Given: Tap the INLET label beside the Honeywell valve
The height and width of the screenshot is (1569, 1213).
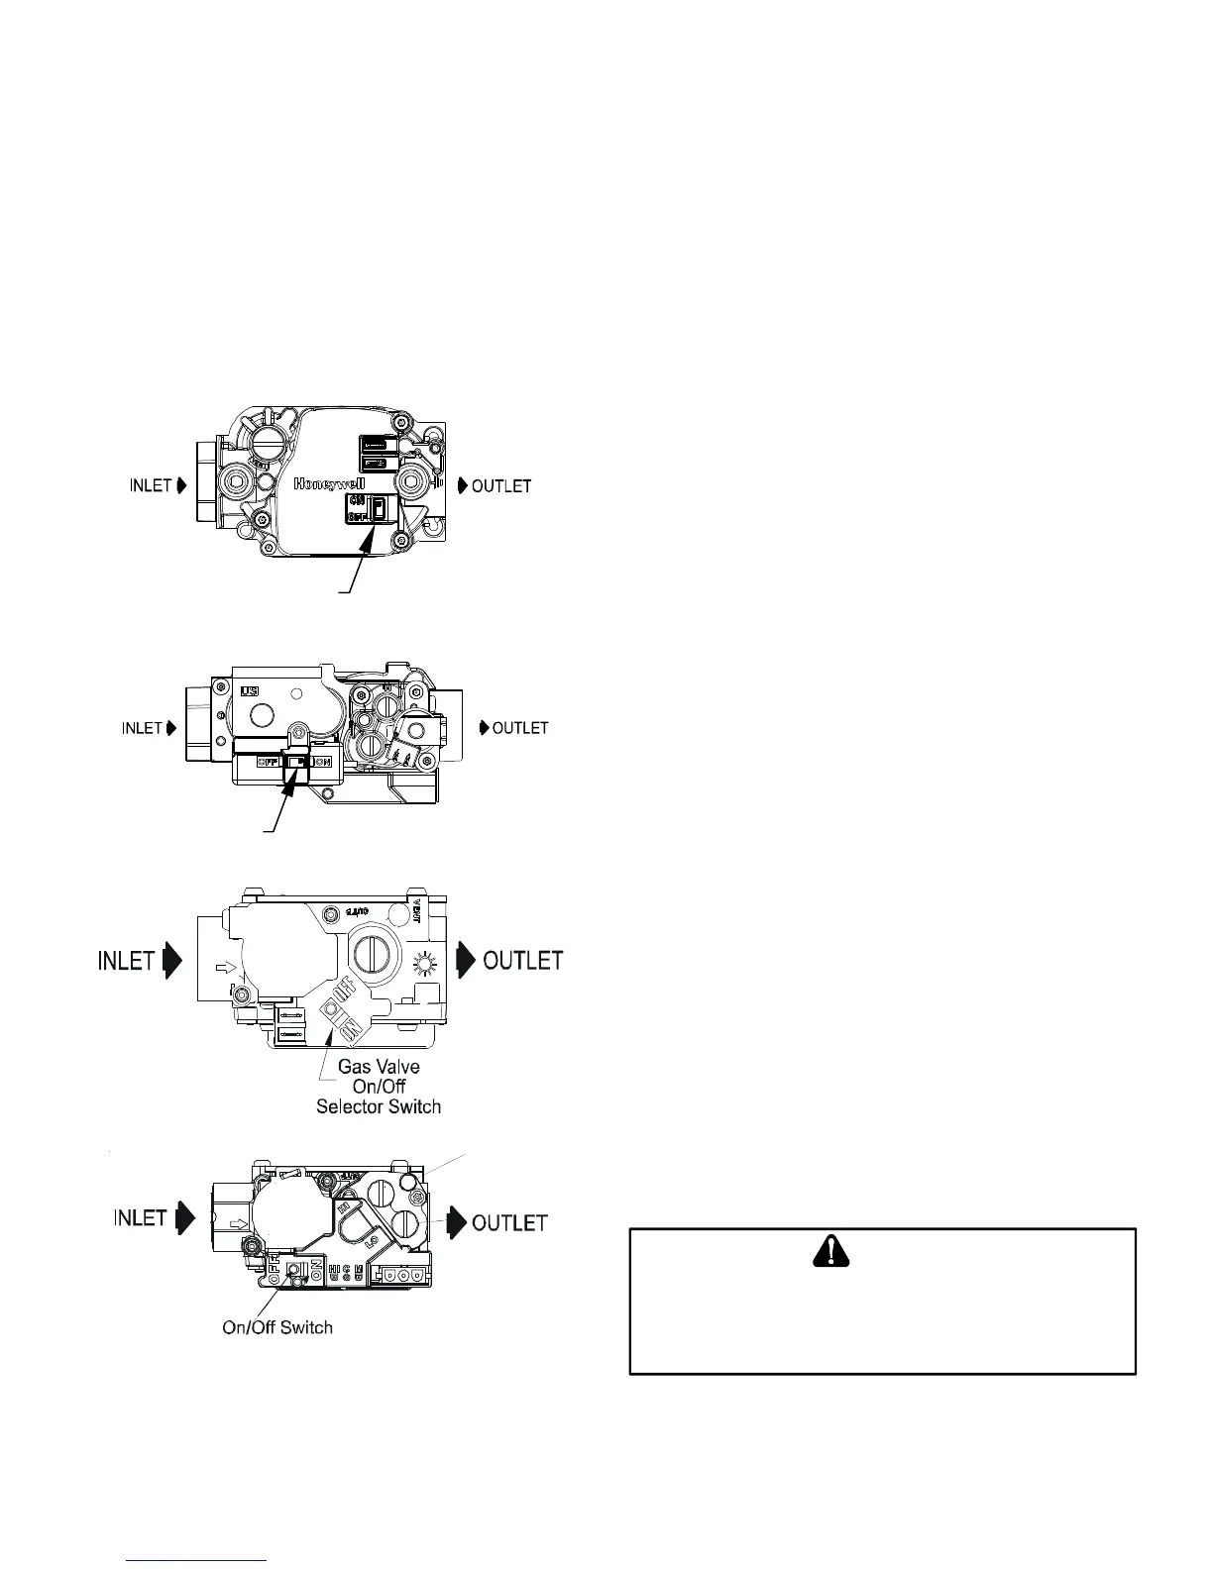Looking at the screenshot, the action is (152, 486).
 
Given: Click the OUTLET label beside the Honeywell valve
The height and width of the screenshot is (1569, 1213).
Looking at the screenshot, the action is (501, 486).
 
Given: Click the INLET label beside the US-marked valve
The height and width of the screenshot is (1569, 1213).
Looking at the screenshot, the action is (142, 728).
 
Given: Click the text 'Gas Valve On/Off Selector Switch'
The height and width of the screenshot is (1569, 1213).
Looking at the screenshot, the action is (379, 1087).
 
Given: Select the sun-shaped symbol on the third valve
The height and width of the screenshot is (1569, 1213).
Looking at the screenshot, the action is (425, 962).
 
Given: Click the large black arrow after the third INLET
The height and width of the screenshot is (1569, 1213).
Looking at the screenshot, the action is (172, 961).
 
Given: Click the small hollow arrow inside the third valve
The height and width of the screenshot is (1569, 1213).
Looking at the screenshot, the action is (226, 962).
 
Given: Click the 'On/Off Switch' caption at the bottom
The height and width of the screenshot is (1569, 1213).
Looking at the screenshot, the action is (277, 1327).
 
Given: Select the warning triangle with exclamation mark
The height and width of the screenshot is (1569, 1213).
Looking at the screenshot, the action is (830, 1254).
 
